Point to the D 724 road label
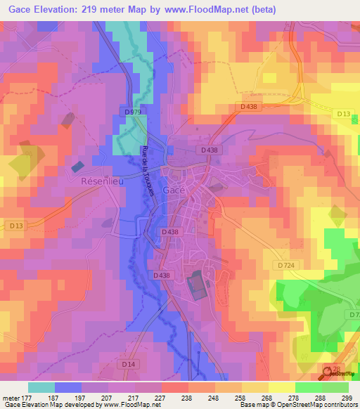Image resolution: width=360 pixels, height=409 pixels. tap(285, 265)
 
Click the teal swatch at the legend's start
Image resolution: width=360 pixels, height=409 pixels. tap(41, 387)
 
